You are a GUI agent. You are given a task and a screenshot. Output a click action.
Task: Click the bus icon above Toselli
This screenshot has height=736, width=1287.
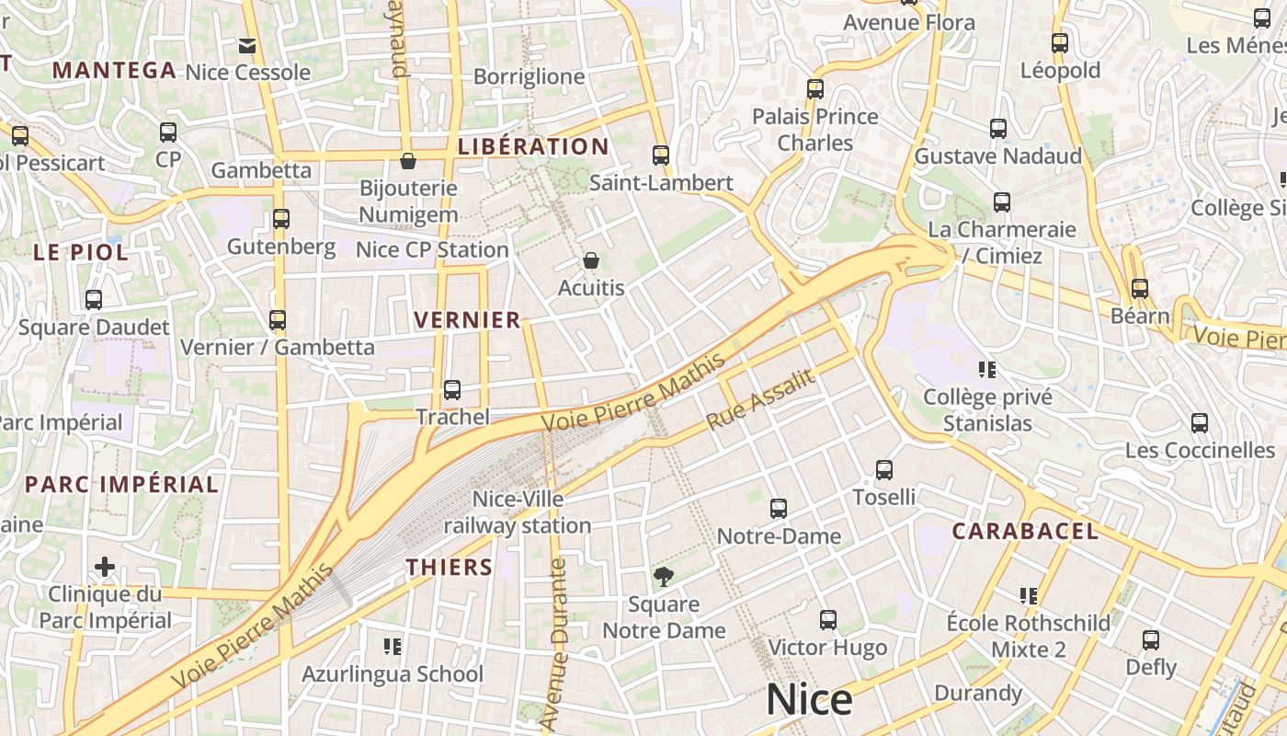[884, 470]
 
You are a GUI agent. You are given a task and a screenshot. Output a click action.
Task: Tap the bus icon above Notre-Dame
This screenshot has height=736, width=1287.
[779, 509]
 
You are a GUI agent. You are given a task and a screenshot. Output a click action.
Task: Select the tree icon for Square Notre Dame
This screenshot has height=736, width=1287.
[663, 577]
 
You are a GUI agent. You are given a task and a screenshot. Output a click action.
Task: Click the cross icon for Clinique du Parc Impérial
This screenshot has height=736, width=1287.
[105, 567]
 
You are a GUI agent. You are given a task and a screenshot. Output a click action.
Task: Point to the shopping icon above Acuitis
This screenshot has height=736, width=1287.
[591, 261]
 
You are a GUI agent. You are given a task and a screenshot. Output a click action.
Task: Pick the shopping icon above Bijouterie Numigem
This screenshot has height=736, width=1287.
[408, 161]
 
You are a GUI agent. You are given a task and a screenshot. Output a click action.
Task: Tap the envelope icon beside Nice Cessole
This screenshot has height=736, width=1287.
[247, 45]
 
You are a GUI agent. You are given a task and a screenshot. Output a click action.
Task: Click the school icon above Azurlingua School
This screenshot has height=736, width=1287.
[393, 647]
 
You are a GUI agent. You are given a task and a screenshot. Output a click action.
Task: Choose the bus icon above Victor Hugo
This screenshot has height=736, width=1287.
[828, 620]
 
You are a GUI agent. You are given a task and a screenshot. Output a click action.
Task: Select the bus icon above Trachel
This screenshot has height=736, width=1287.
[451, 390]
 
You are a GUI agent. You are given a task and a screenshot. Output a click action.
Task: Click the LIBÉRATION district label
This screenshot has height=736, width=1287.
[533, 146]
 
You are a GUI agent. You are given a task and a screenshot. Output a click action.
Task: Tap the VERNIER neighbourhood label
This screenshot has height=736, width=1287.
[467, 320]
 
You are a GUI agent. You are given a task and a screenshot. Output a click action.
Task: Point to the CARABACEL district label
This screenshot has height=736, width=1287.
[1025, 531]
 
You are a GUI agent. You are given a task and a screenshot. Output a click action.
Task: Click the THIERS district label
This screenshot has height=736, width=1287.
[450, 567]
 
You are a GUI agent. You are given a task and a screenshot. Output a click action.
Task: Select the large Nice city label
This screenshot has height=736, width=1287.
[809, 700]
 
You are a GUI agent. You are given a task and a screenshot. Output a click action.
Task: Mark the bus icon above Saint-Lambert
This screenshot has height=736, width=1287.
[661, 155]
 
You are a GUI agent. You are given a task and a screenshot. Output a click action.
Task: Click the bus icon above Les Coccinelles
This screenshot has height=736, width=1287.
[1200, 423]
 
